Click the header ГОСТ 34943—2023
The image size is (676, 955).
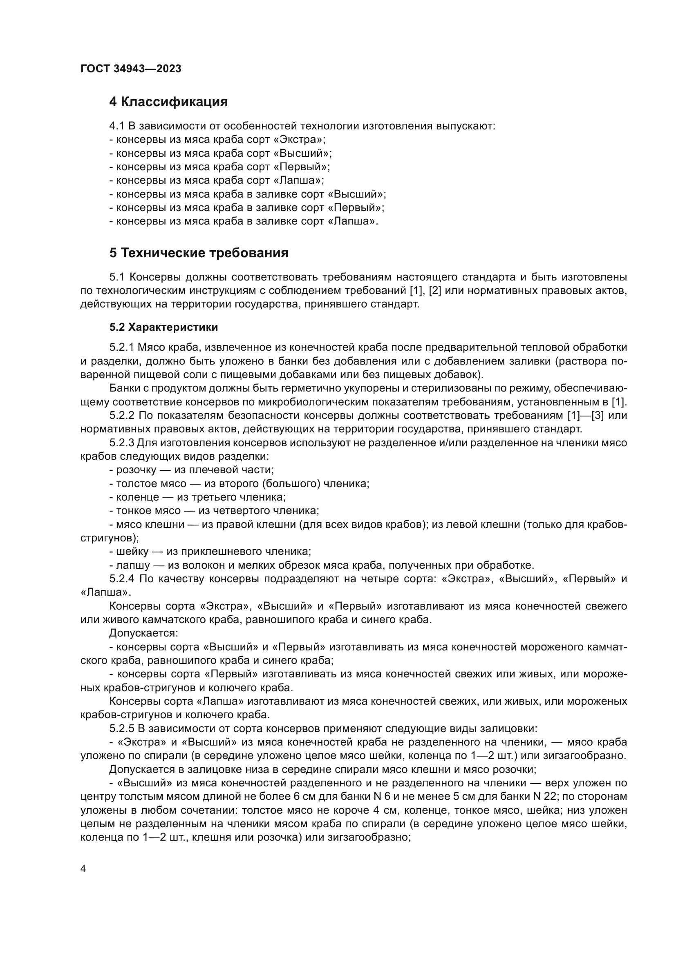131,69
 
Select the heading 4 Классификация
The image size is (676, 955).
168,102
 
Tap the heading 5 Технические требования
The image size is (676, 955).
199,253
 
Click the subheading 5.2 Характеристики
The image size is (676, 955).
163,327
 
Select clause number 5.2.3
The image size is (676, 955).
121,443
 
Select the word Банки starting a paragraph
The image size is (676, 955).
123,388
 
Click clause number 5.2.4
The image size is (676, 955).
121,579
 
